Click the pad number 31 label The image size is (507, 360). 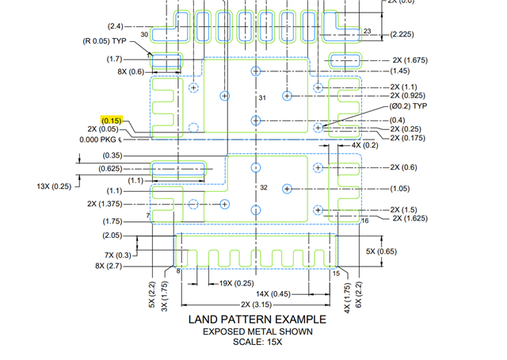pos(264,97)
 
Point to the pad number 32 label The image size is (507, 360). pos(264,188)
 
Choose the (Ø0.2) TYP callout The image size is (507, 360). pos(409,105)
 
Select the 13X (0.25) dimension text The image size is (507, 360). pos(54,186)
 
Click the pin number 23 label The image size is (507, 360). pos(367,31)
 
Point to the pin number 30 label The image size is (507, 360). pos(144,35)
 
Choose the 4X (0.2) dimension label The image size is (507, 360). pos(365,145)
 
